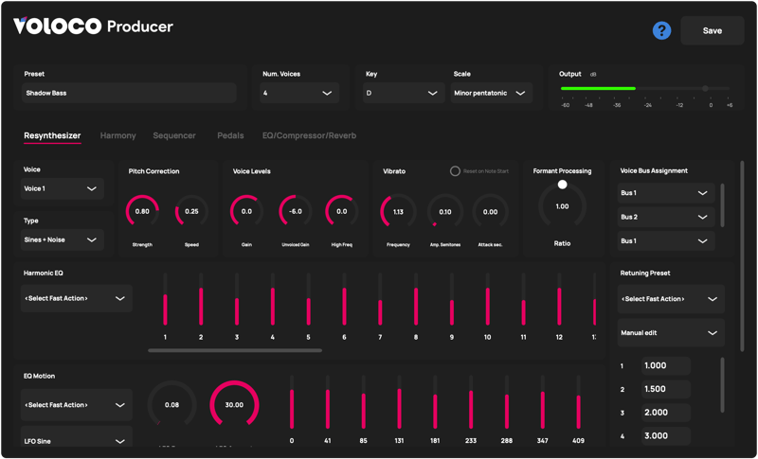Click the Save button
coord(712,30)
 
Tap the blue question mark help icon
coord(661,30)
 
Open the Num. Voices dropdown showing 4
coord(298,93)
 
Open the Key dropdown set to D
coord(404,93)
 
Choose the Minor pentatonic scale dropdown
coord(490,93)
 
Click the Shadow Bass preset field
coord(130,93)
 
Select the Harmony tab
coord(117,135)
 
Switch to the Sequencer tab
coord(174,135)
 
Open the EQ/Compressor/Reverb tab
coord(309,135)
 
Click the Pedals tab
coord(230,135)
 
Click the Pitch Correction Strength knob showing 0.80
coord(142,212)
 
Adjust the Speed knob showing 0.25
coord(191,212)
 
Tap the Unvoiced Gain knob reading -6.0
coord(296,212)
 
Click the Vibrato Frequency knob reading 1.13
coord(398,212)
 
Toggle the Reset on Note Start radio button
coord(455,171)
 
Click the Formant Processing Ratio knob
coord(562,206)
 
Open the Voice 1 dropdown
coord(63,188)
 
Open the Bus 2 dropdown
coord(664,217)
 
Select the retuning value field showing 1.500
coord(666,389)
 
